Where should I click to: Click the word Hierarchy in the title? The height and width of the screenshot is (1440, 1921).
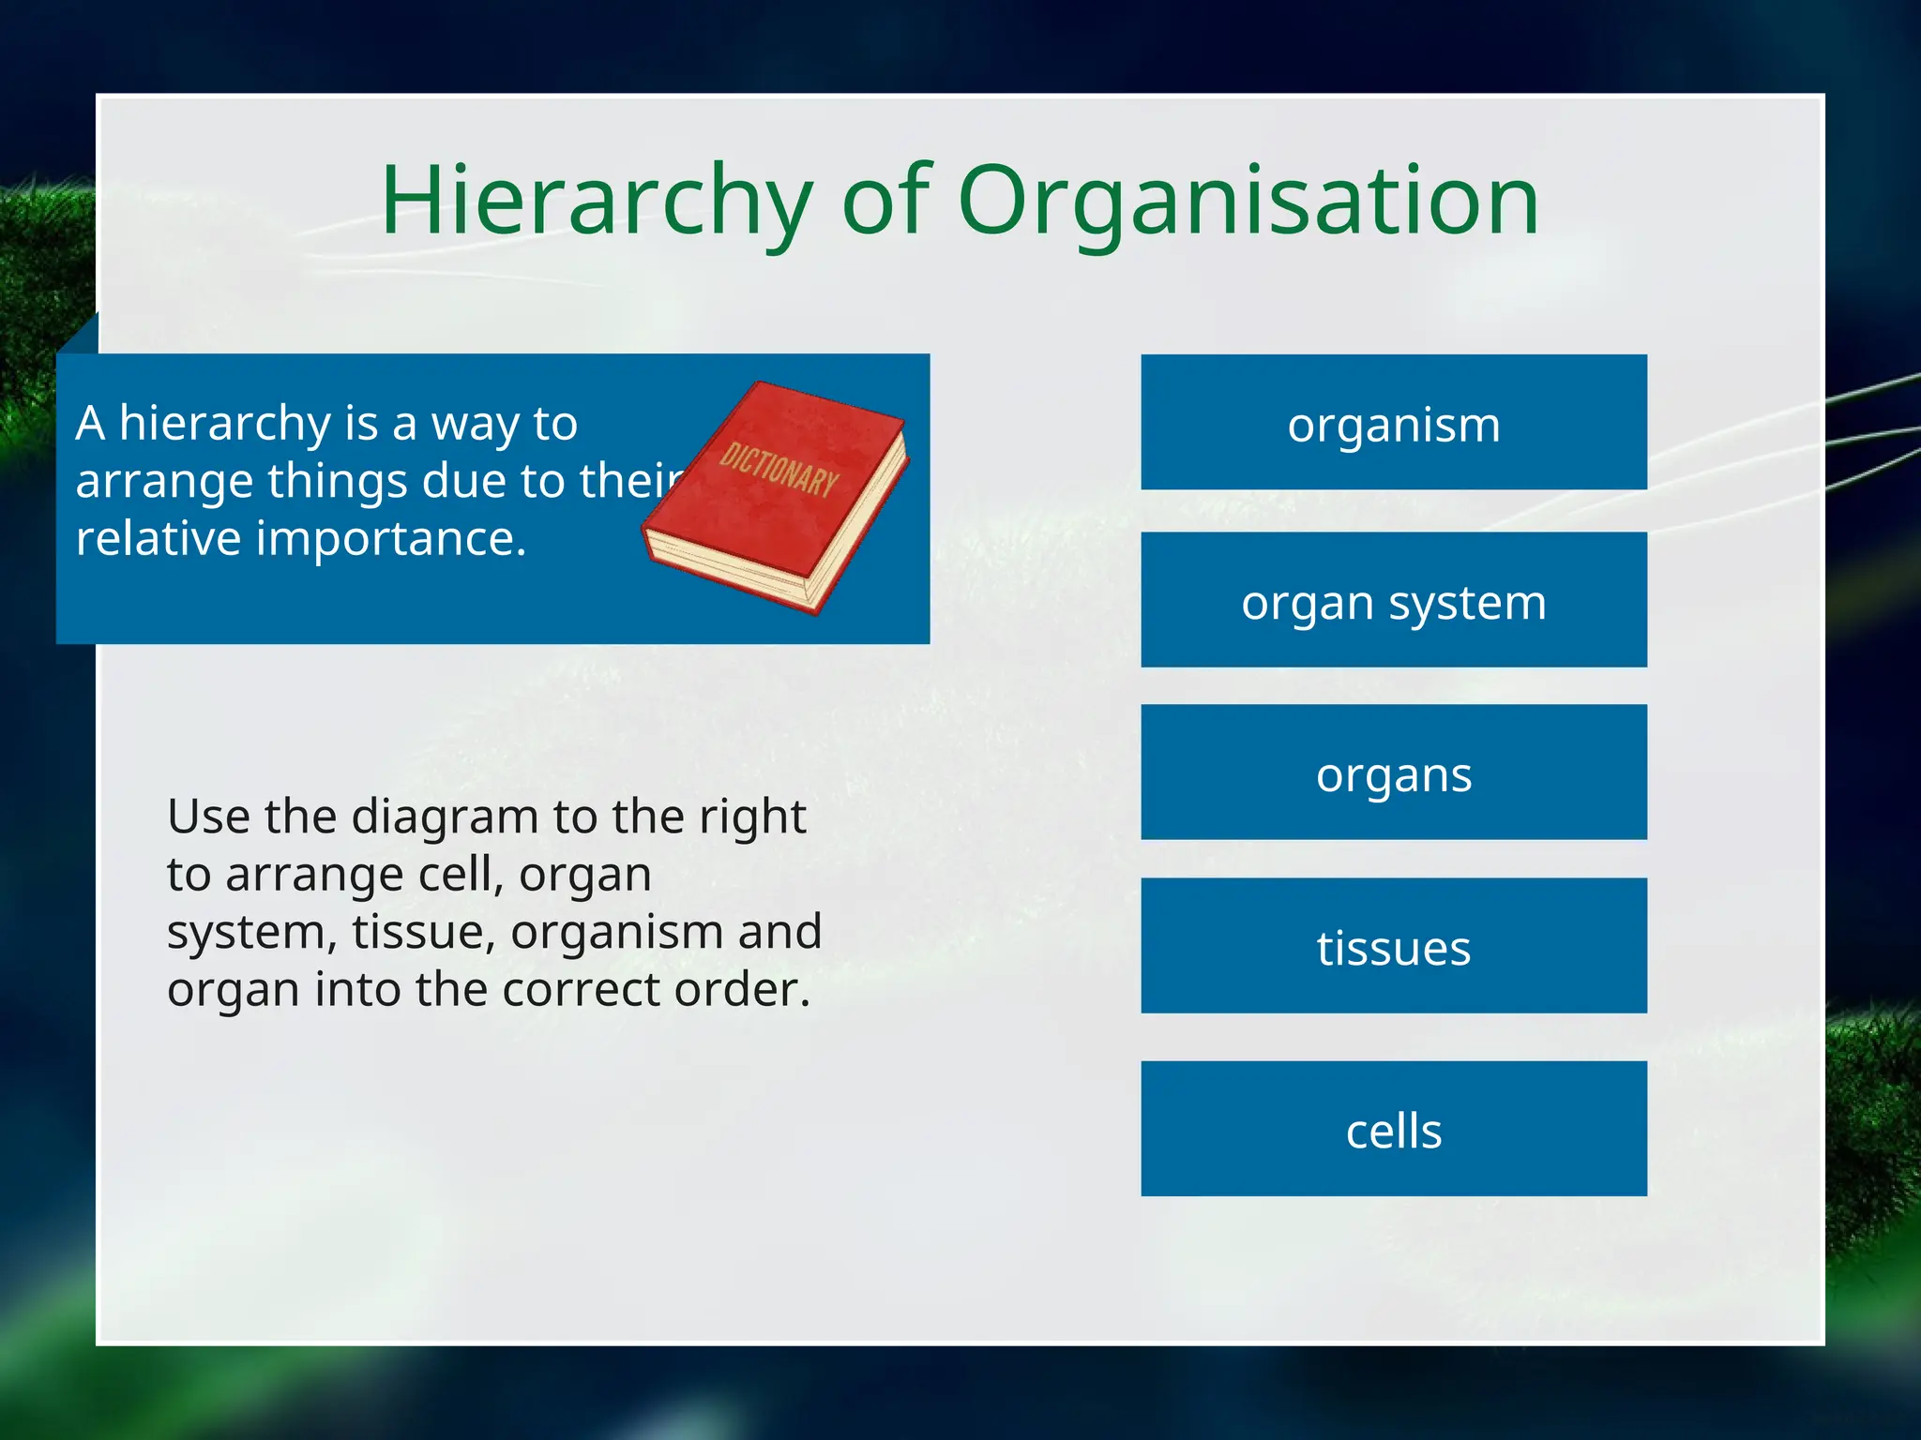coord(596,200)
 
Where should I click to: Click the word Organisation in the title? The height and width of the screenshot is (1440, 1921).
coord(1248,200)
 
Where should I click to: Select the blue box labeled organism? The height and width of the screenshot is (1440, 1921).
coord(1393,423)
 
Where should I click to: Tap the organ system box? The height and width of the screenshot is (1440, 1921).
coord(1393,601)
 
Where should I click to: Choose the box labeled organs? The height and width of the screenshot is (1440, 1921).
coord(1393,772)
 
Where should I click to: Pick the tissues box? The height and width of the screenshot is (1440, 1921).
coord(1393,946)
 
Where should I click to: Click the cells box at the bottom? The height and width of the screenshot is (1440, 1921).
coord(1393,1129)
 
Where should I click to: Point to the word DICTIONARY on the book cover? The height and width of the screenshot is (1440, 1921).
coord(779,469)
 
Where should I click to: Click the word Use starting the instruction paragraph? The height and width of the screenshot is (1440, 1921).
coord(207,817)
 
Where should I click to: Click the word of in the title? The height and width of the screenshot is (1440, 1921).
coord(885,200)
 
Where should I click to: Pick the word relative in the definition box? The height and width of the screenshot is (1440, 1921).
coord(159,539)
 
